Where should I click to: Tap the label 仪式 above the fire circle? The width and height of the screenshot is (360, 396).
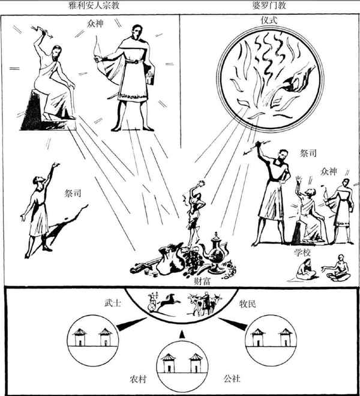tap(263, 20)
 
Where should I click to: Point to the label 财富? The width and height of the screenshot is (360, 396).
tap(178, 280)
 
